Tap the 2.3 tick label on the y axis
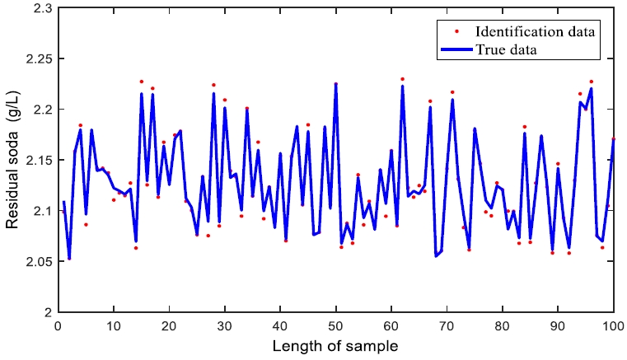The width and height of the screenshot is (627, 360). point(40,8)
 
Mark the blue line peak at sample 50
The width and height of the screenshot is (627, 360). point(335,84)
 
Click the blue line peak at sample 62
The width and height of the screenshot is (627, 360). point(402,86)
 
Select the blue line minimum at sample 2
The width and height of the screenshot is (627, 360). point(69,258)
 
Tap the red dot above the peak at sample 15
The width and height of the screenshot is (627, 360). point(141,82)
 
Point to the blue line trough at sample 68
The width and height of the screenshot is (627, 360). point(436,256)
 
